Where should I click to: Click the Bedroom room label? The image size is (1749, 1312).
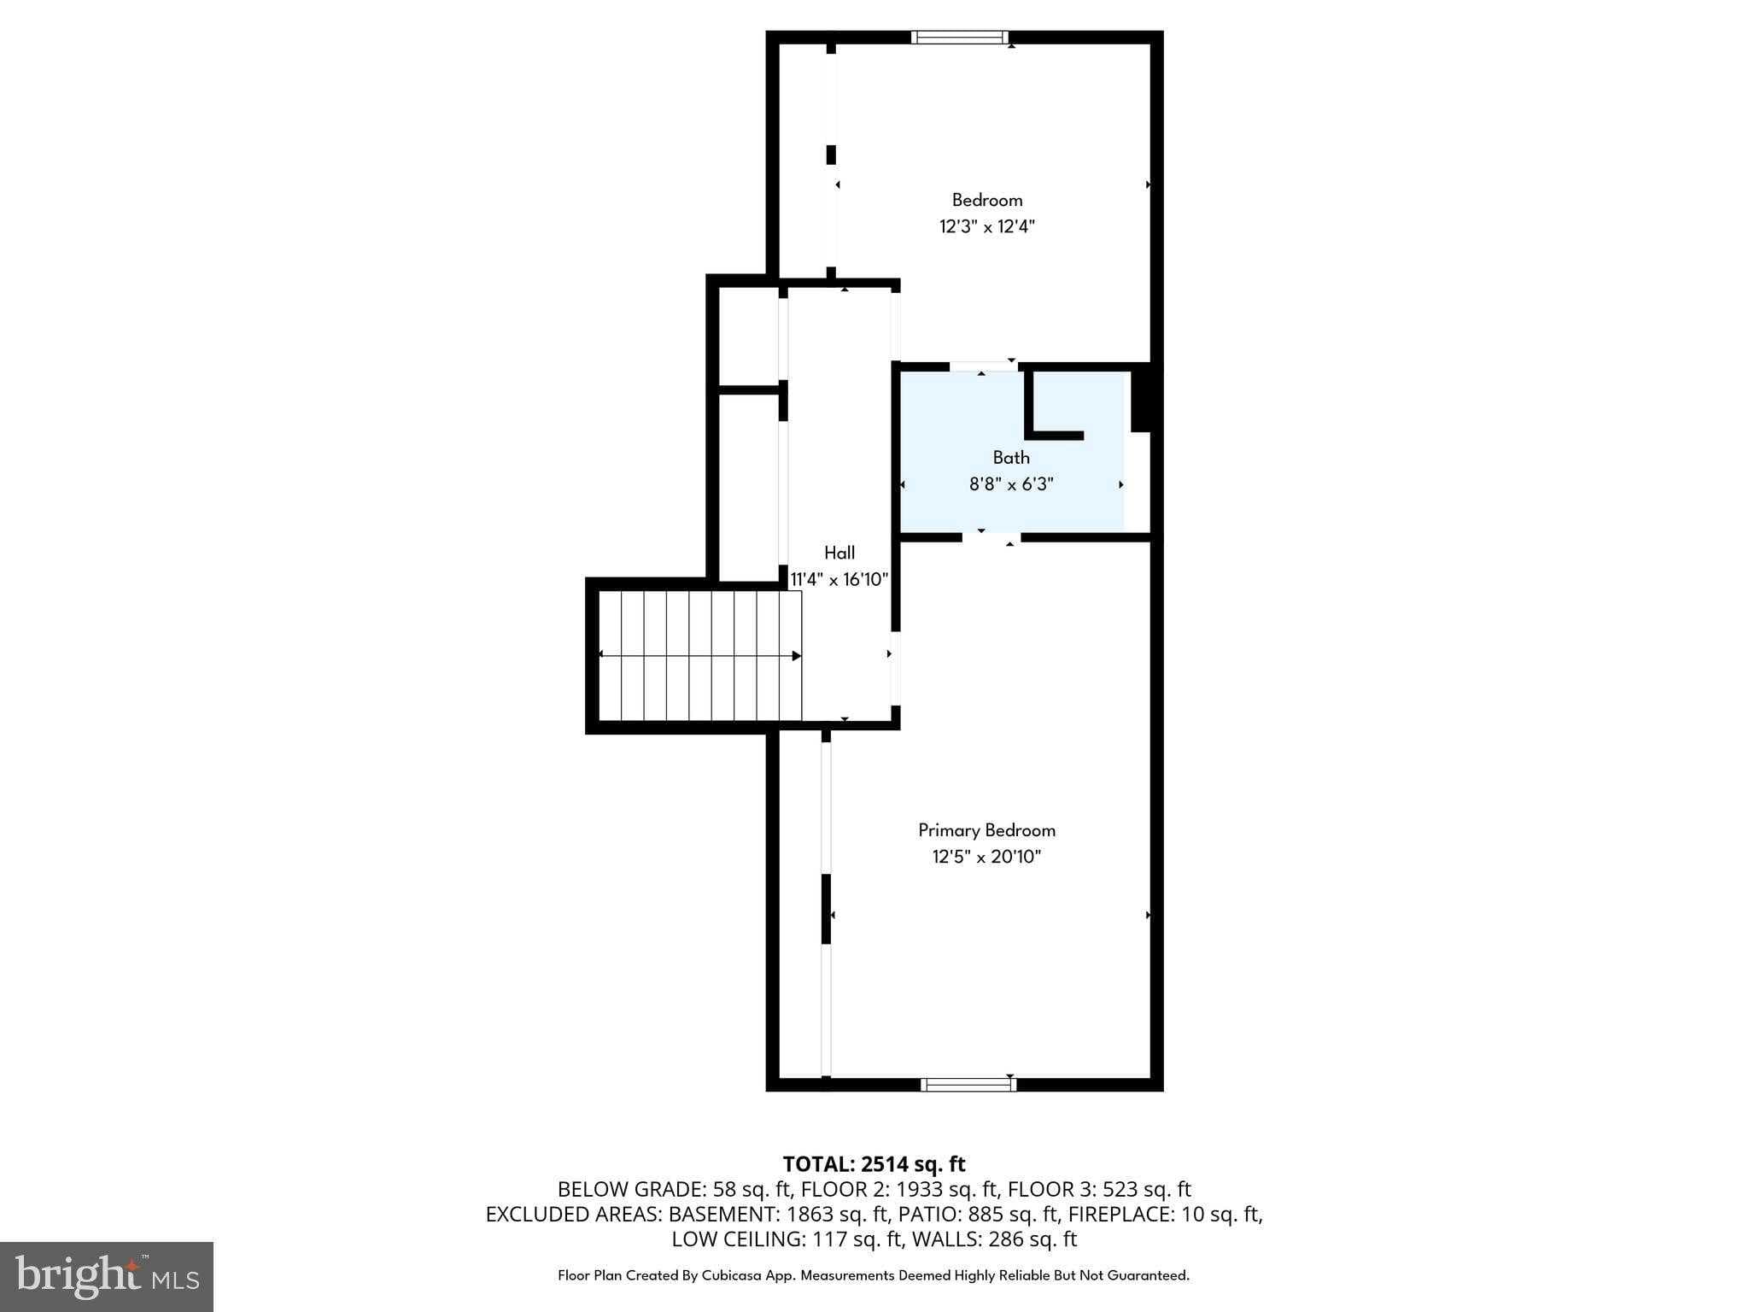coord(987,200)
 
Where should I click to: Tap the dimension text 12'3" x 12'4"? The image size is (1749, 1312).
coord(987,226)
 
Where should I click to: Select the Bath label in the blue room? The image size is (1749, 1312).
coord(1011,458)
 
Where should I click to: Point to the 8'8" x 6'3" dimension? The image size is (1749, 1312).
coord(1011,484)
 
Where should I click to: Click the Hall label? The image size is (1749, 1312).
coord(839,553)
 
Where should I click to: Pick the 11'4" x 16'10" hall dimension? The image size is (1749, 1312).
coord(839,579)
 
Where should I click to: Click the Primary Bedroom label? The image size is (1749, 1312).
coord(986,830)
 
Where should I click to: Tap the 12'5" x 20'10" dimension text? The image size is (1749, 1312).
coord(986,857)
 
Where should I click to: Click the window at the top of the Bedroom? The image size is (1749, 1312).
coord(960,37)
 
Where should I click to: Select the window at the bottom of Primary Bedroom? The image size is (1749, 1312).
coord(968,1085)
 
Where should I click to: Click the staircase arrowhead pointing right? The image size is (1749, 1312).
coord(796,656)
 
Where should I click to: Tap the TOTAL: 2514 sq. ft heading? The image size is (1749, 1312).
coord(874,1164)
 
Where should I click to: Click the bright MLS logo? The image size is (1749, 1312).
coord(107,1276)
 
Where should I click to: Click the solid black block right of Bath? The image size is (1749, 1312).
coord(1141,398)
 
